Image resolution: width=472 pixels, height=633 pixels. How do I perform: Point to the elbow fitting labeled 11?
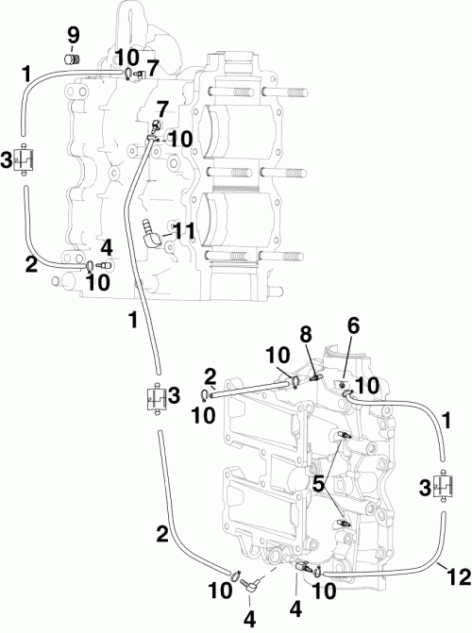(152, 232)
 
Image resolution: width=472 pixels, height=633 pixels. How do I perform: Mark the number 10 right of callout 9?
(127, 57)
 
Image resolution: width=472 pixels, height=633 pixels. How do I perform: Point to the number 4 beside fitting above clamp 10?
(107, 247)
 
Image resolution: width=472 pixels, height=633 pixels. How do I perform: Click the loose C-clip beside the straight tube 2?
(206, 394)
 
